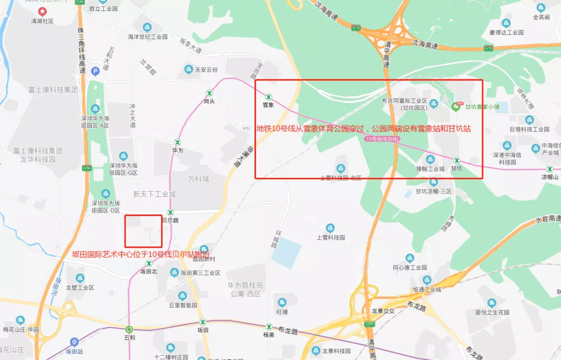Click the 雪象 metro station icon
269,97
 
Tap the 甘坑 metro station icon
457,161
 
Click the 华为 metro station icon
178,142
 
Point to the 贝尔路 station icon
170,212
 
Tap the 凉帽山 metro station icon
550,169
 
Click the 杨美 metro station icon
269,326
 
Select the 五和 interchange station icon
129,329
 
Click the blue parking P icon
95,71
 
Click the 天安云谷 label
206,70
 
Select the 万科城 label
198,179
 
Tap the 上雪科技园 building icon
330,228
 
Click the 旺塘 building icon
282,302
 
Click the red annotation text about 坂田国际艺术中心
142,255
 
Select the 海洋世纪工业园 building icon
148,27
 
